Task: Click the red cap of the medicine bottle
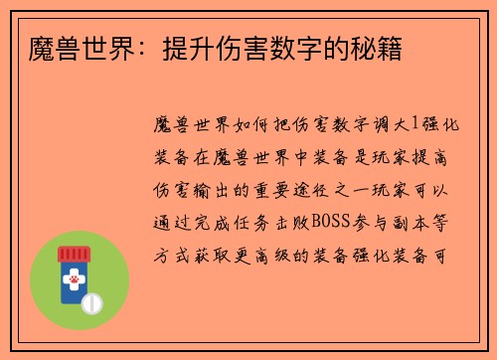[73, 255]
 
